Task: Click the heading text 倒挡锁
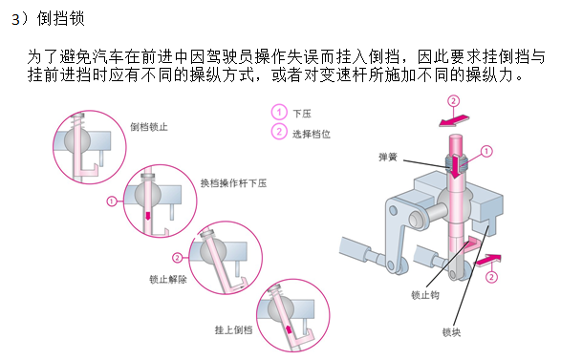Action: [60, 18]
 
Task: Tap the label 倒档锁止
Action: [149, 127]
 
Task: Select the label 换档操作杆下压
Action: [233, 183]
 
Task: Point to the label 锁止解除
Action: [168, 279]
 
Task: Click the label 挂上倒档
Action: [233, 329]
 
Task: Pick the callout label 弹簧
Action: [388, 157]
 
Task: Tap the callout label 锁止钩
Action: [425, 295]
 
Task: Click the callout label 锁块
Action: [451, 332]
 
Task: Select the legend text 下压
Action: [302, 114]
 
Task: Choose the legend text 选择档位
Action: [312, 134]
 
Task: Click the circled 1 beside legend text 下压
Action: [279, 112]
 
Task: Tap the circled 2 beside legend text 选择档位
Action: [279, 131]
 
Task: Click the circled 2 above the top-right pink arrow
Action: [453, 101]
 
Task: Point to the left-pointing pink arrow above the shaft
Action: [454, 120]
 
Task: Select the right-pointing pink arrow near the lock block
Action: [487, 260]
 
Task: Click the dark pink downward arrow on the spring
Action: [455, 166]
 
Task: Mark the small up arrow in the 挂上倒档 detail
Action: [289, 328]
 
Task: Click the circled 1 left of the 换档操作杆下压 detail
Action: [112, 201]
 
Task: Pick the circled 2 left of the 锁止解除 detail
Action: [177, 258]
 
